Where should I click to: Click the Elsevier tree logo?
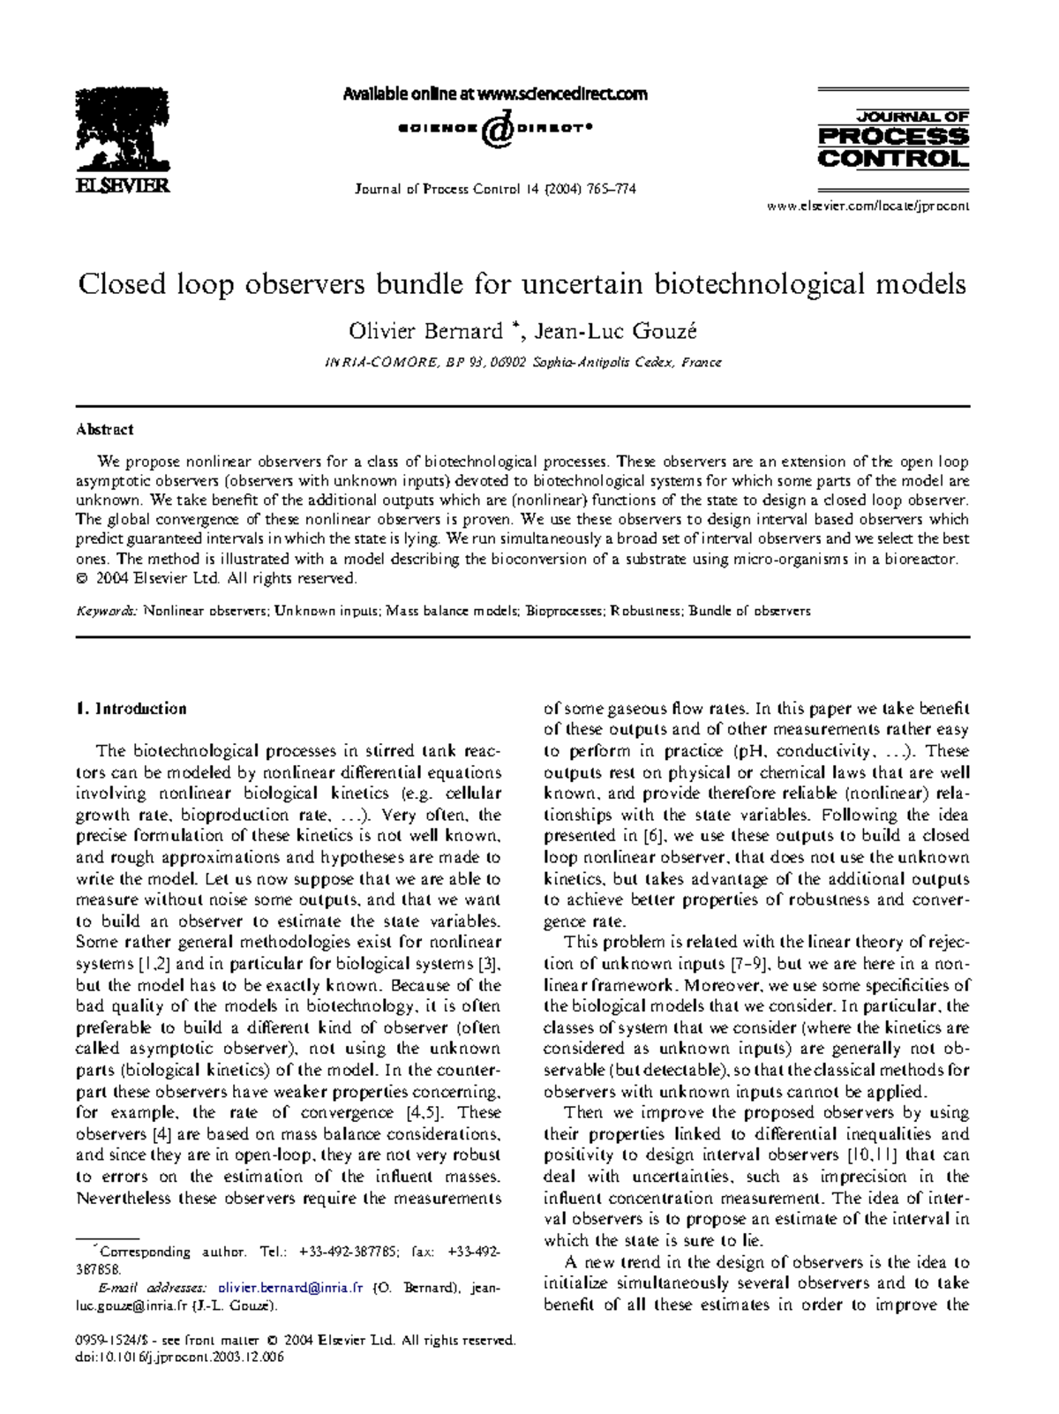pos(122,130)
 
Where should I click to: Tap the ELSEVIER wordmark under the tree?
pos(123,186)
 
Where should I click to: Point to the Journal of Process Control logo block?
pos(893,139)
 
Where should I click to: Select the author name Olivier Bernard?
pos(424,331)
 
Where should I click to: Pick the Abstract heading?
pos(104,430)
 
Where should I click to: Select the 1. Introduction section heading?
pos(131,709)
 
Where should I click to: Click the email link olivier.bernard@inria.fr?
pos(290,1288)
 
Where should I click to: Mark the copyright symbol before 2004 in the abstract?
pos(82,579)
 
